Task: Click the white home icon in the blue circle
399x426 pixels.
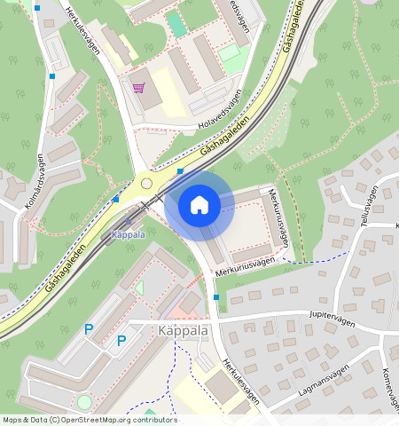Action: pos(199,205)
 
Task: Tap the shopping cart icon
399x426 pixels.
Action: pos(138,87)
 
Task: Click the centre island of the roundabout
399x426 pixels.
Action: pos(145,183)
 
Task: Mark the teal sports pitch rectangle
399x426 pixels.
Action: pos(177,23)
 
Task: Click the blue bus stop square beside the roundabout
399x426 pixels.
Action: pos(180,170)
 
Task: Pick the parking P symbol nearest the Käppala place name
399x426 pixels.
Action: pos(122,340)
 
